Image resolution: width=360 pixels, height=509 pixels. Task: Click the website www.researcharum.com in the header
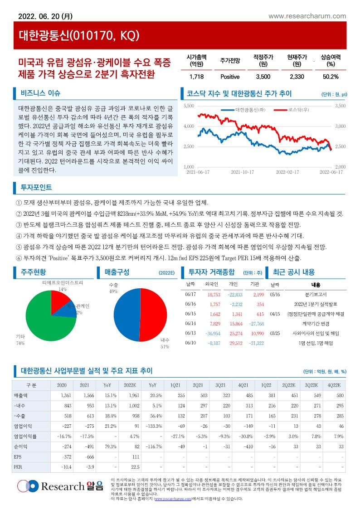307,16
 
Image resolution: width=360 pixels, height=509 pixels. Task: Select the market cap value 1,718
197,76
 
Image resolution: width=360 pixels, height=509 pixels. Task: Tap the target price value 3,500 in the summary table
263,76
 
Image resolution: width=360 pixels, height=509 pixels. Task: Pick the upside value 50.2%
331,76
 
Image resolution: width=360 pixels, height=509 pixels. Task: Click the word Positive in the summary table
230,76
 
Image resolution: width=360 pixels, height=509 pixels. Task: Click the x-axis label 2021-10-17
242,172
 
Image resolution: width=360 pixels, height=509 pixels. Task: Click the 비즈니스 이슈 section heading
40,94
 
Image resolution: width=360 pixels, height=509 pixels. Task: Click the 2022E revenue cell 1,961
134,396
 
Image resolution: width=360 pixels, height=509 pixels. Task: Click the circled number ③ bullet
19,225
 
